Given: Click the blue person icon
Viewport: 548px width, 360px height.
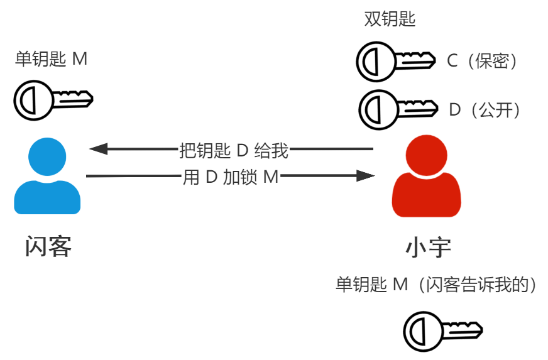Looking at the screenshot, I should [x=47, y=178].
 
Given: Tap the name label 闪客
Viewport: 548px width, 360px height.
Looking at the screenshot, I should [x=48, y=247].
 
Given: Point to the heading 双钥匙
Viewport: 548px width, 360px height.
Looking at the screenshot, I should [x=390, y=19].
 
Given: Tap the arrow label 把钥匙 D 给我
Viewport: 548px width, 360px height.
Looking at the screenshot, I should [x=234, y=150].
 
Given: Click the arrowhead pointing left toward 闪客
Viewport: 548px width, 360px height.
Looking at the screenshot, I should [x=99, y=149].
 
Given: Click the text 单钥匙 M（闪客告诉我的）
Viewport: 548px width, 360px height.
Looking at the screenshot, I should [x=437, y=284].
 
